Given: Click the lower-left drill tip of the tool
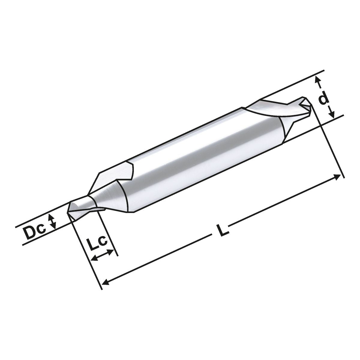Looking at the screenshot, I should click(x=70, y=211).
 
